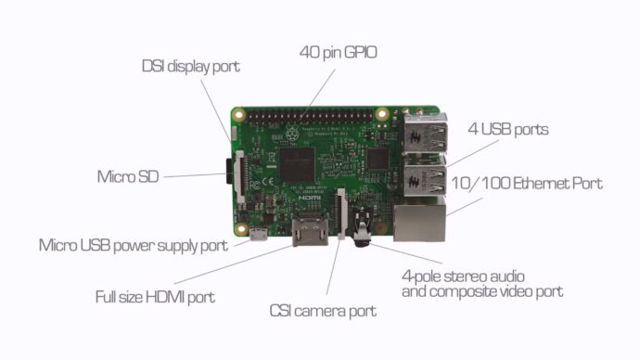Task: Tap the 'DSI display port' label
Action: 190,67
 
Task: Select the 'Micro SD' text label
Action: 129,176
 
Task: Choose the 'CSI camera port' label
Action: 323,311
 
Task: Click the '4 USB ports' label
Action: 507,129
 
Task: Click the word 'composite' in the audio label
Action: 458,292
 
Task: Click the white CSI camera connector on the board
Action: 342,213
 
